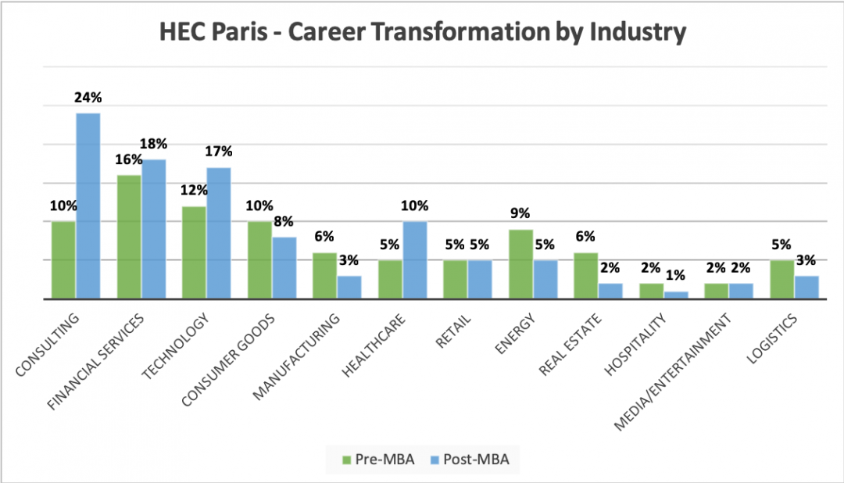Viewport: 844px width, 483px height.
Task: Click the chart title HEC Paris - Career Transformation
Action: click(x=422, y=32)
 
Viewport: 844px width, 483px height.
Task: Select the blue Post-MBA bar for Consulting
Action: click(x=88, y=206)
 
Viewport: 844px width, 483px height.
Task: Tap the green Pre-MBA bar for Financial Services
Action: click(x=129, y=236)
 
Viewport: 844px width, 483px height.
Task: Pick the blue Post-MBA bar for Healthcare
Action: click(x=415, y=259)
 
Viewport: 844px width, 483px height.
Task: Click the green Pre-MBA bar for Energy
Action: click(x=521, y=263)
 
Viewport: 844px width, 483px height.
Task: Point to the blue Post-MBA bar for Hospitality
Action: click(x=676, y=295)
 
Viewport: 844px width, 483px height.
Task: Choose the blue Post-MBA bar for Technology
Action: click(x=219, y=232)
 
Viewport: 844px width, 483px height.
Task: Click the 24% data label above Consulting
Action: click(x=88, y=98)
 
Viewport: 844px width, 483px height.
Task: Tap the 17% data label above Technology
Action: click(x=220, y=151)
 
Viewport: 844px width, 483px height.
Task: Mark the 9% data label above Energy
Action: click(x=520, y=213)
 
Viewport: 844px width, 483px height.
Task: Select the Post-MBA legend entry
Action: click(x=469, y=459)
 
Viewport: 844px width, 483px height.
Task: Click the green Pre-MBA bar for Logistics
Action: click(x=782, y=279)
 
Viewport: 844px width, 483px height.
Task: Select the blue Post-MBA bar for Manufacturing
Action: click(x=349, y=287)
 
